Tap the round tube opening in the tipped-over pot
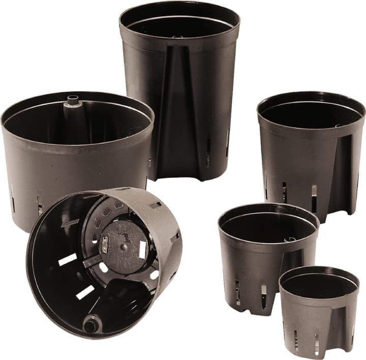[92, 322]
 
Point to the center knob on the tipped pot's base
[123, 246]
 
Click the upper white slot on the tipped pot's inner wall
[67, 259]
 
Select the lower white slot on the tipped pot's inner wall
[85, 292]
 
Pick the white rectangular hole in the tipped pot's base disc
[143, 248]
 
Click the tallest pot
[179, 92]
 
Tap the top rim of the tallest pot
[179, 6]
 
